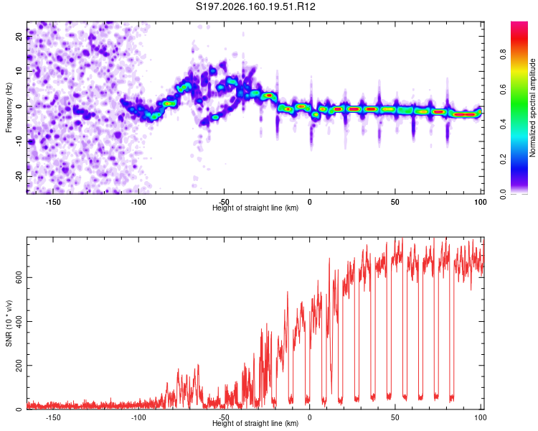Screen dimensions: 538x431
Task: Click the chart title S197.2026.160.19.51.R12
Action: [x=255, y=6]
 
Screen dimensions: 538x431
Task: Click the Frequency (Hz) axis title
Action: [x=9, y=108]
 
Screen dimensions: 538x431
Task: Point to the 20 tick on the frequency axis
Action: [x=19, y=37]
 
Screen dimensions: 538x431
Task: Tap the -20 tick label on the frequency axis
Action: [x=19, y=176]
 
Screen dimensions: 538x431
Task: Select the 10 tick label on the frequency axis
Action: [x=19, y=71]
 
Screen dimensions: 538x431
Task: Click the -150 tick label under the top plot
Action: [x=53, y=202]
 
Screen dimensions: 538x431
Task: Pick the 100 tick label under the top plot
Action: [x=481, y=202]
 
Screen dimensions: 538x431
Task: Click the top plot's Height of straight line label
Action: [x=255, y=208]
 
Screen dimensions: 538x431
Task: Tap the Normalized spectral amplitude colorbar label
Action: [x=532, y=108]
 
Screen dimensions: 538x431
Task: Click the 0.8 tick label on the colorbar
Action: [x=503, y=55]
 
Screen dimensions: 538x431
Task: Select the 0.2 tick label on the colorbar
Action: [x=503, y=159]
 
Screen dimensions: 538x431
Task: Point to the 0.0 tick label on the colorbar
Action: [x=503, y=194]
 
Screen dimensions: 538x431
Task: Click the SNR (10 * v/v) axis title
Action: [x=9, y=323]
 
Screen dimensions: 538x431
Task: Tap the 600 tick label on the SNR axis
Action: [x=19, y=277]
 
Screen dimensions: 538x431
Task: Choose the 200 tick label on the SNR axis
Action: [x=19, y=366]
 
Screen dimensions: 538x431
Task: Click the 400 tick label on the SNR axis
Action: [x=19, y=321]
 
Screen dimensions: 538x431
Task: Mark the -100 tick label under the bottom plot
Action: [x=138, y=417]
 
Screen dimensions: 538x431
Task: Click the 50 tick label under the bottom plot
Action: [x=395, y=417]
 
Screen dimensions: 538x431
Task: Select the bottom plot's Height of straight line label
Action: [x=255, y=423]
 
